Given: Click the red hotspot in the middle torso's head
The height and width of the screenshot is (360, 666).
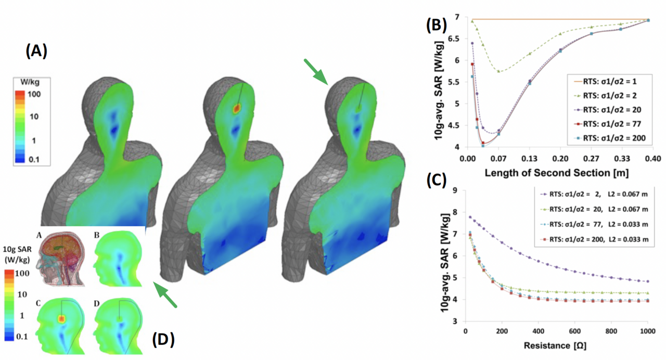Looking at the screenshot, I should pos(237,108).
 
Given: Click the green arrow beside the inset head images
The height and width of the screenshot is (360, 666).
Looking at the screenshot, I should pos(165,294).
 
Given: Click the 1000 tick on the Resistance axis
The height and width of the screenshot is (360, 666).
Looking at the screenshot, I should pos(647,332).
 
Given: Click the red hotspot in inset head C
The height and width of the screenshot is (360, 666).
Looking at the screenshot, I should pos(61,318).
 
